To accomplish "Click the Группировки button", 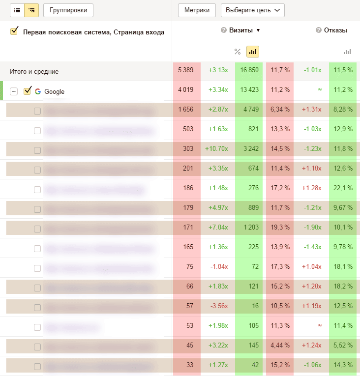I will click(68, 10).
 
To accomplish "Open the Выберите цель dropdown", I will click(253, 10).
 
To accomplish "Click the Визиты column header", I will click(240, 30).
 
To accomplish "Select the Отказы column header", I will click(335, 30).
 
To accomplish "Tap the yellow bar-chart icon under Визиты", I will click(253, 52).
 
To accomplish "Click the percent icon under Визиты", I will click(238, 52).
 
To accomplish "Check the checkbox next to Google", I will click(28, 91).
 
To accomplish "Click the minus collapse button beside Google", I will click(14, 91).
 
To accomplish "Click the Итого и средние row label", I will click(34, 71).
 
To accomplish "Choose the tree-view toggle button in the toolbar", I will click(32, 10).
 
